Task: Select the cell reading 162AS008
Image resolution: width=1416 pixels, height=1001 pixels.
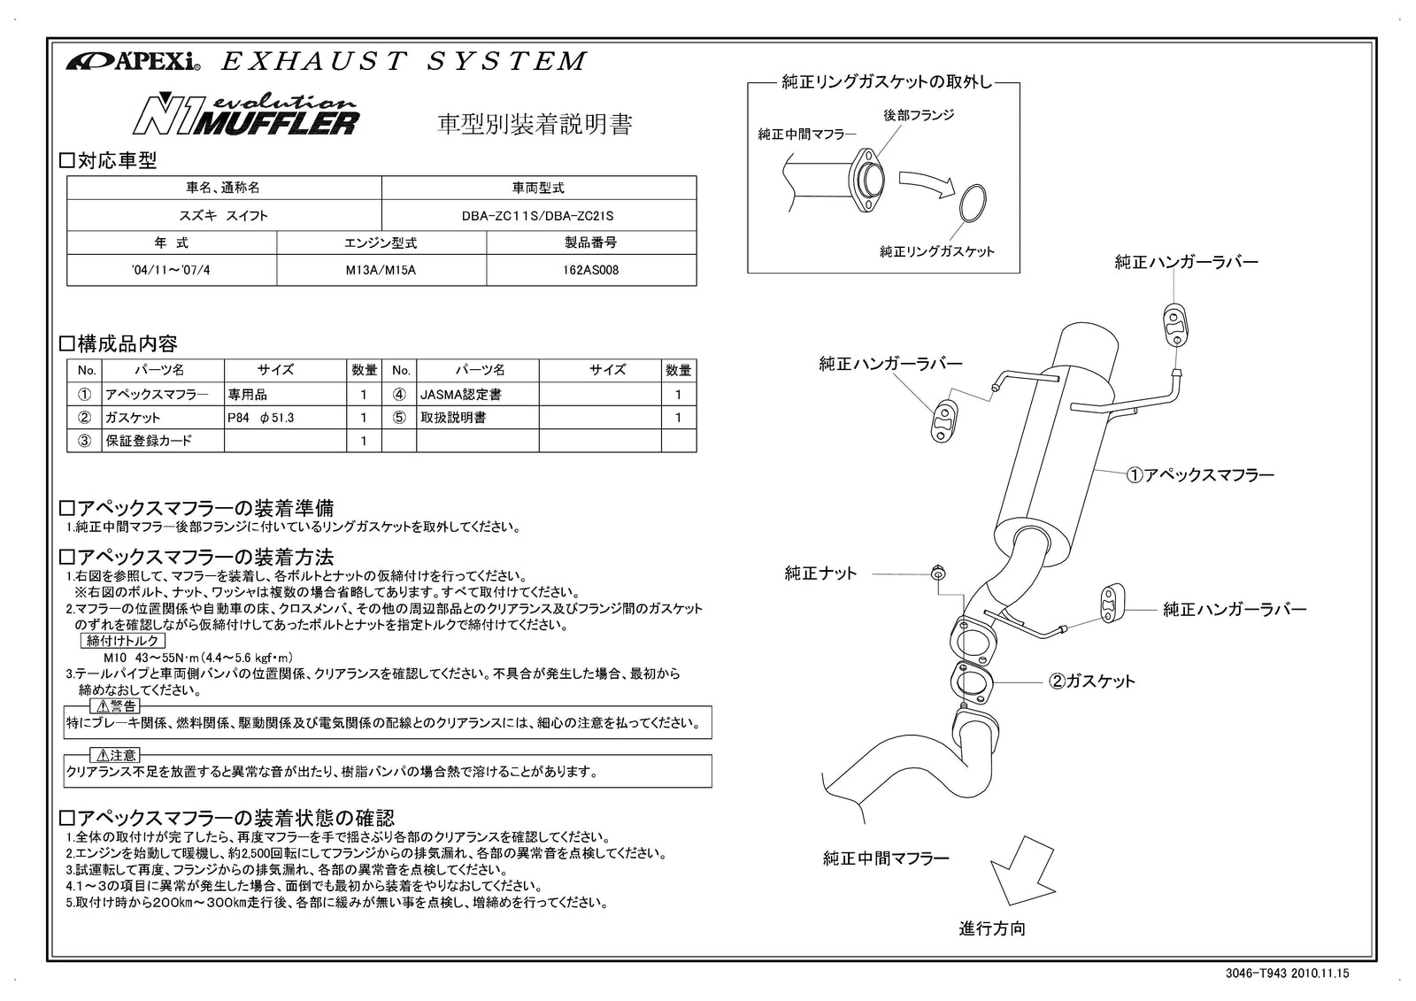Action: click(x=590, y=270)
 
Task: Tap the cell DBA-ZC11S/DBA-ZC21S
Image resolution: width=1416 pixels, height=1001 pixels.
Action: click(x=537, y=215)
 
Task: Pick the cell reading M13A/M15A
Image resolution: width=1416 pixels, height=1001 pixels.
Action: click(x=381, y=270)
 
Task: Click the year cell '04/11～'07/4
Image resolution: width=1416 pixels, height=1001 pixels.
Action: click(x=171, y=270)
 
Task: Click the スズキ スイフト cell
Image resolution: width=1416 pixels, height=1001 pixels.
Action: click(x=223, y=215)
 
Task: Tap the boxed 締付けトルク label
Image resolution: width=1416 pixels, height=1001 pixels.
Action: click(x=124, y=641)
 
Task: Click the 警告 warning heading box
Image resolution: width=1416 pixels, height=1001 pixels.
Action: click(x=115, y=705)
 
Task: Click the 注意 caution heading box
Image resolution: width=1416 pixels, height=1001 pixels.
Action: click(x=115, y=755)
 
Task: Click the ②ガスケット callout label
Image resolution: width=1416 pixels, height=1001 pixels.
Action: click(x=1091, y=681)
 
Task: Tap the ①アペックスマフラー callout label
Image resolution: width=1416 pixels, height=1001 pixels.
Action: click(x=1199, y=475)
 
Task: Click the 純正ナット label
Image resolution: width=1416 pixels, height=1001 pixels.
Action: click(x=820, y=574)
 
